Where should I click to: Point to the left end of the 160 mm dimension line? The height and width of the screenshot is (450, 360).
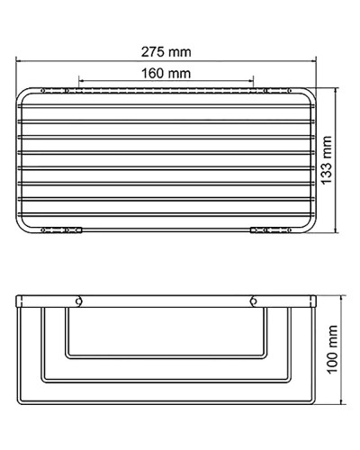79,83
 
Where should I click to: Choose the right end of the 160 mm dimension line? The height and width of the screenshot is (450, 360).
255,83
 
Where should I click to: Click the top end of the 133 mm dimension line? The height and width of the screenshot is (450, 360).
337,88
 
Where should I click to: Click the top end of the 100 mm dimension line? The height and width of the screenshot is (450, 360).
339,294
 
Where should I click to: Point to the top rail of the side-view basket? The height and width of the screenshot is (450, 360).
166,298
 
